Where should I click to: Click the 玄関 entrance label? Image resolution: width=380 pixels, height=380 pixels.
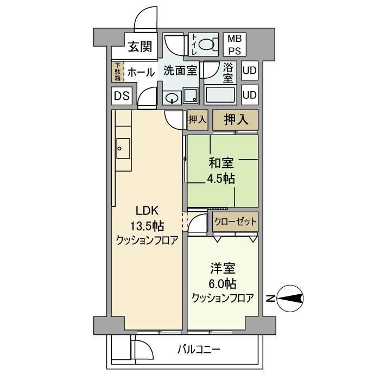pyautogui.click(x=140, y=47)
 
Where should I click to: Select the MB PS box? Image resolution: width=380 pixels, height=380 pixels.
pyautogui.click(x=235, y=45)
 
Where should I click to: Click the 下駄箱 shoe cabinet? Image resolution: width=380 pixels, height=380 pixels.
pyautogui.click(x=117, y=72)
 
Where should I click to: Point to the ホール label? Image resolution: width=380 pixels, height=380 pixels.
pyautogui.click(x=141, y=72)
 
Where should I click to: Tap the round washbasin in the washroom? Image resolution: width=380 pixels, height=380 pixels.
pyautogui.click(x=172, y=98)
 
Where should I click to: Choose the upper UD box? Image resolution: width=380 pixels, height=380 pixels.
pyautogui.click(x=250, y=71)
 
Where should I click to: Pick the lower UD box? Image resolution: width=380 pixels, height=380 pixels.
pyautogui.click(x=250, y=95)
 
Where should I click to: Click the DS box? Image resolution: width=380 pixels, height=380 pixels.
pyautogui.click(x=122, y=96)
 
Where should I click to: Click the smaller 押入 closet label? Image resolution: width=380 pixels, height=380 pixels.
pyautogui.click(x=197, y=119)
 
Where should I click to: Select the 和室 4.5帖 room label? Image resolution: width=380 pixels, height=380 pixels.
pyautogui.click(x=222, y=170)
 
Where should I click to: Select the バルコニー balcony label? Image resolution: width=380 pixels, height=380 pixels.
pyautogui.click(x=199, y=349)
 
